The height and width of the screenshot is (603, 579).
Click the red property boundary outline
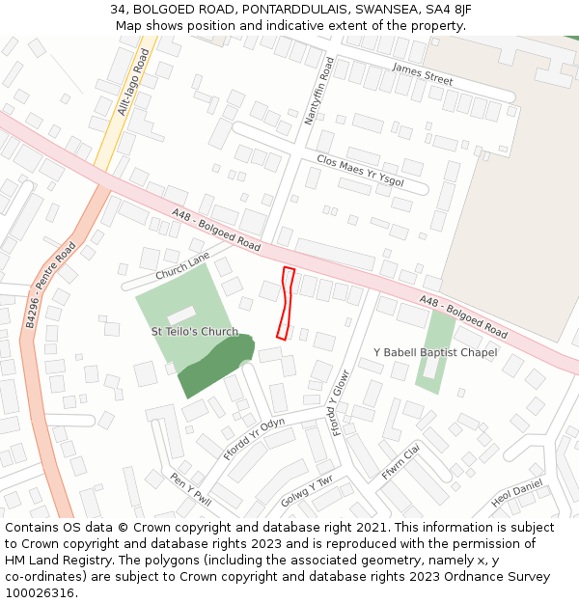click(285, 303)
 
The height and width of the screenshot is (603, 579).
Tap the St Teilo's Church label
click(194, 332)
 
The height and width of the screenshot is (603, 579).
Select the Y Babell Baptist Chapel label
click(435, 352)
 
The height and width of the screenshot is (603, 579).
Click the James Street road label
click(423, 73)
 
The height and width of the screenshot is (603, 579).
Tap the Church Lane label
click(182, 266)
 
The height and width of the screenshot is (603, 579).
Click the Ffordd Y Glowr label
click(340, 402)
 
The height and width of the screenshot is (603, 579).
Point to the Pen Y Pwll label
click(190, 488)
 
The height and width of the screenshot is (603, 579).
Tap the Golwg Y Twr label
click(307, 494)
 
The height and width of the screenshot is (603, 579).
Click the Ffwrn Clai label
click(401, 460)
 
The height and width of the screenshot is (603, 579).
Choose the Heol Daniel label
click(516, 494)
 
